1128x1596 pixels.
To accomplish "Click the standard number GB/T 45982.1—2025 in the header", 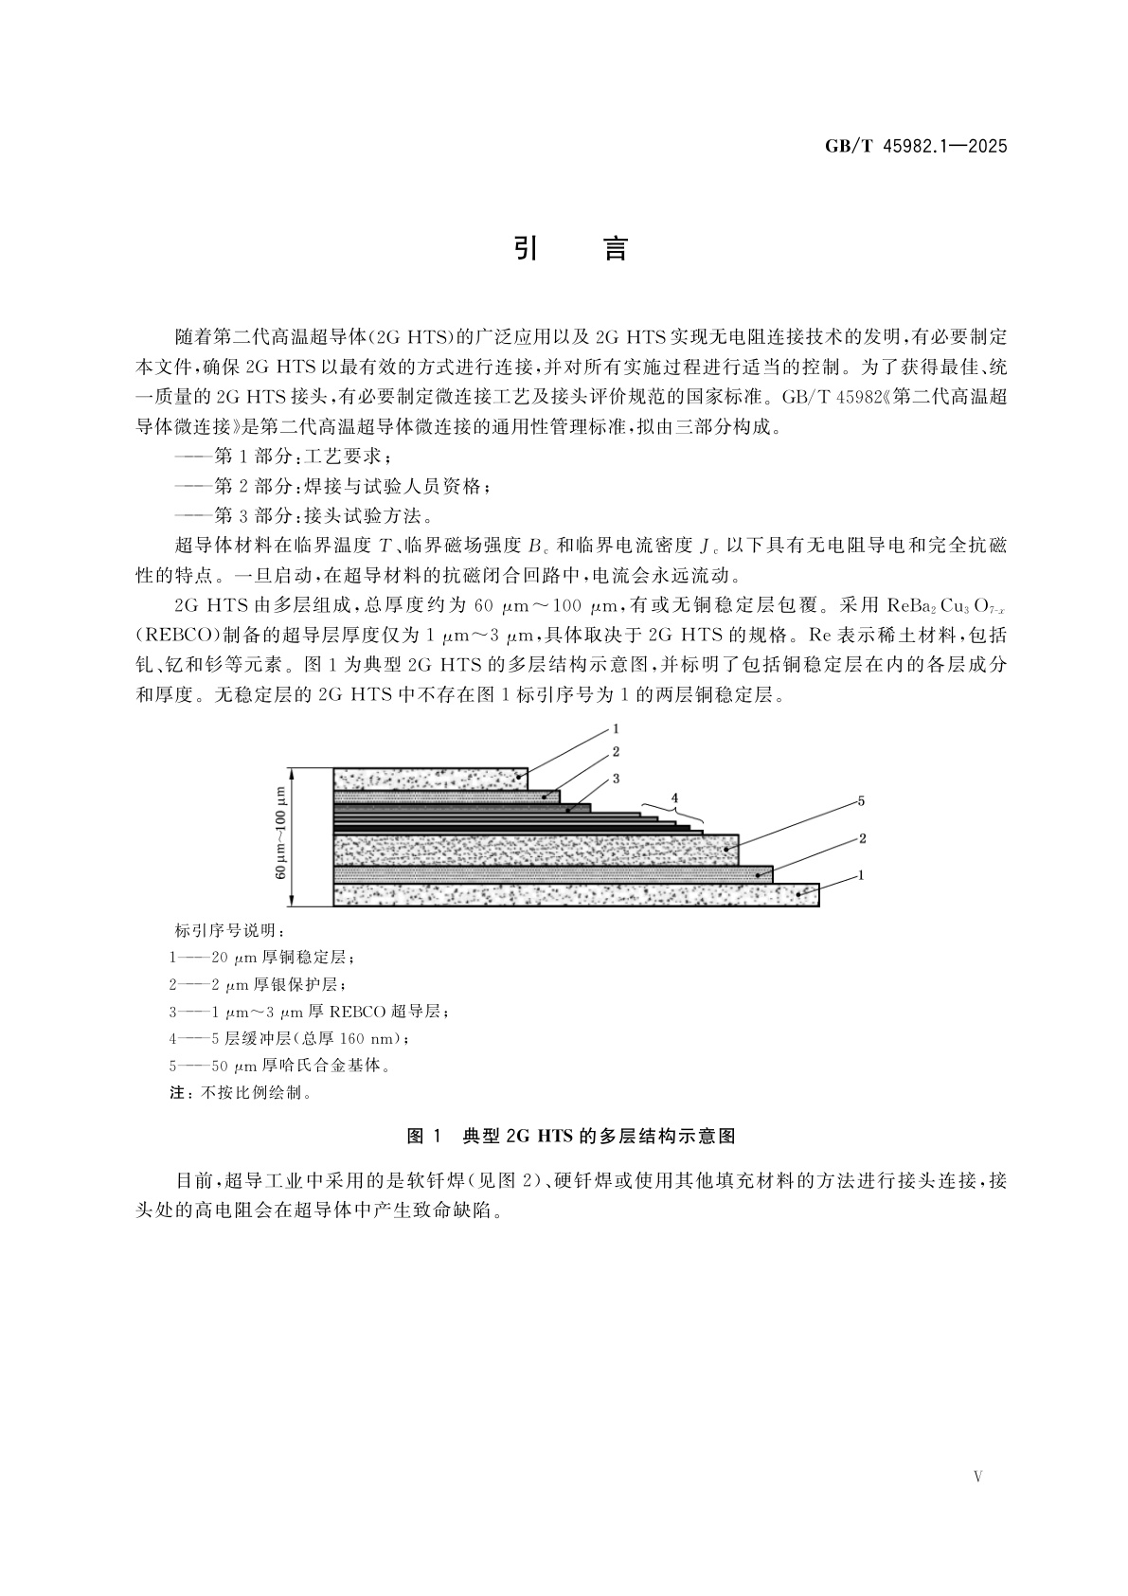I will (915, 147).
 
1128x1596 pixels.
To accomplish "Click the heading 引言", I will (570, 249).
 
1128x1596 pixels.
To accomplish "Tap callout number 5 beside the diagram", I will (861, 801).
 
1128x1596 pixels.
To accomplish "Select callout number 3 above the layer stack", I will (616, 779).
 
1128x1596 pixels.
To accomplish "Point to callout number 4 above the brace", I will (674, 798).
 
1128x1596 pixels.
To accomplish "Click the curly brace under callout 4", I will (672, 814).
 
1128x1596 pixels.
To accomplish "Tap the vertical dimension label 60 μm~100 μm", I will (281, 837).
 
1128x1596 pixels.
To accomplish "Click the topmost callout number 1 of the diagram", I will (616, 729).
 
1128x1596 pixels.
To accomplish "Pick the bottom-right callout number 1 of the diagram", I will (861, 876).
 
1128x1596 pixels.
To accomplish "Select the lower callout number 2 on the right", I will (861, 838).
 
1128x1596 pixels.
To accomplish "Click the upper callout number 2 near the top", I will (616, 753).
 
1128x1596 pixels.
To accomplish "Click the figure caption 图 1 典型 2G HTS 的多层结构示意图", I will (570, 1136).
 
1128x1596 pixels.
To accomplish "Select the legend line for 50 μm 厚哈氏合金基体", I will (280, 1066).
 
